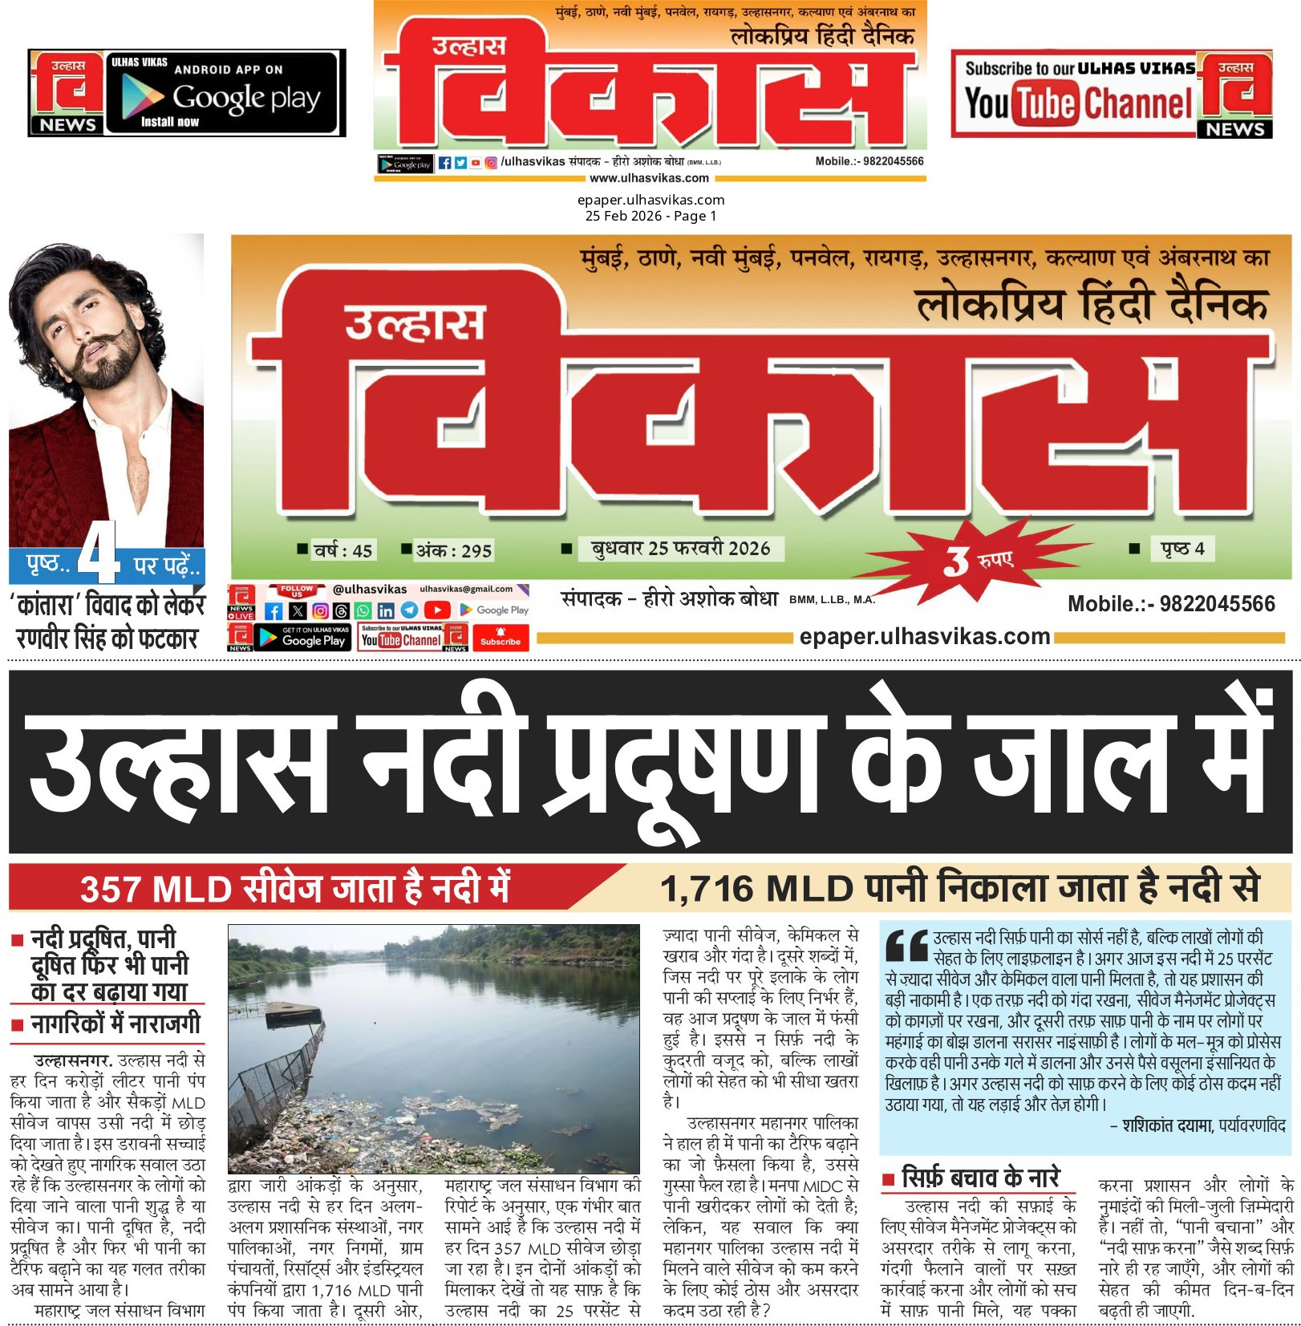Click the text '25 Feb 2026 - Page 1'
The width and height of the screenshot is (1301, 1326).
tap(650, 216)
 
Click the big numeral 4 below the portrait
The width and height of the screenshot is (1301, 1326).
tap(99, 553)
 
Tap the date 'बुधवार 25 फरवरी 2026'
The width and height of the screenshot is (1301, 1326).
tap(680, 548)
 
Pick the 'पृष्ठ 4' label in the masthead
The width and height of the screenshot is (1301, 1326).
tap(1181, 549)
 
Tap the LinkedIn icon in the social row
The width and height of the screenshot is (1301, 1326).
tap(386, 610)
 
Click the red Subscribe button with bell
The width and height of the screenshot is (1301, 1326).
tap(500, 637)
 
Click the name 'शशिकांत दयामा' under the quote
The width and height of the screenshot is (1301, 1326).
tap(1166, 1125)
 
